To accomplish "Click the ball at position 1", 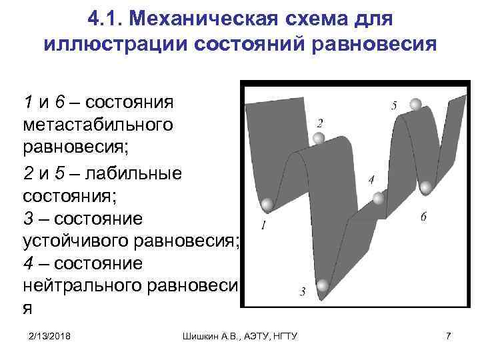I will pos(267,205).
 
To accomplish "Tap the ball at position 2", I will pos(319,139).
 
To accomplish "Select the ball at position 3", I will pos(323,286).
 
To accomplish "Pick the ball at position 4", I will pos(379,197).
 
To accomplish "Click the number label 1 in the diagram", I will pos(264,227).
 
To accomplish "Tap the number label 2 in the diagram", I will pos(320,123).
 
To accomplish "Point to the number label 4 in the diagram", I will pos(371,179).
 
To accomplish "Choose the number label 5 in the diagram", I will pos(394,105).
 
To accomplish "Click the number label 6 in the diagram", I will pos(424,217).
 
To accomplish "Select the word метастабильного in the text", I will pos(98,125).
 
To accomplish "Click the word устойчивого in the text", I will pos(87,241).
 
